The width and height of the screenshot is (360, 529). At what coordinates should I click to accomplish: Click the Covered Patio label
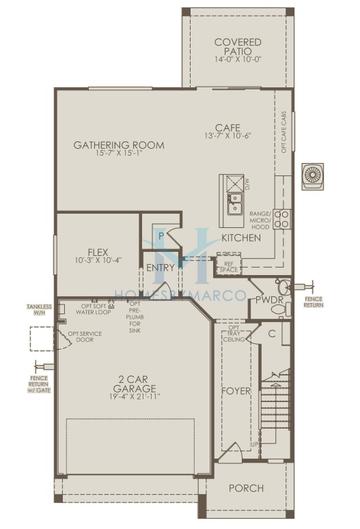click(237, 47)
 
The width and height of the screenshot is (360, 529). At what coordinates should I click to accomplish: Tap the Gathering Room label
click(119, 145)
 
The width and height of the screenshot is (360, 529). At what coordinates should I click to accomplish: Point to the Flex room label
click(98, 252)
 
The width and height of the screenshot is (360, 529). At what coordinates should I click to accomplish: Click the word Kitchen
click(241, 238)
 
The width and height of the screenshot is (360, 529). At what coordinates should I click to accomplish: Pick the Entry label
click(160, 267)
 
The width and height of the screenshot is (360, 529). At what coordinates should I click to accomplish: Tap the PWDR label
click(268, 299)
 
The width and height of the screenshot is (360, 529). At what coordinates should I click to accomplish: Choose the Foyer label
click(236, 391)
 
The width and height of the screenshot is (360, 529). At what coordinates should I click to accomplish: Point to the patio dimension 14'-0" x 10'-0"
click(237, 59)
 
